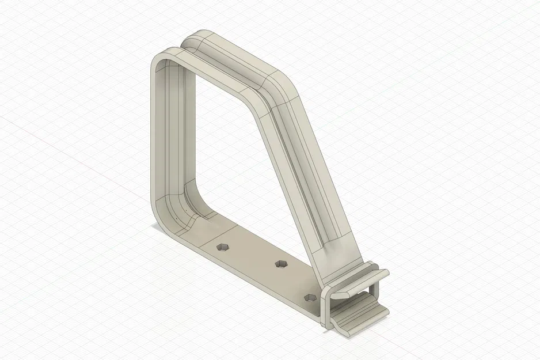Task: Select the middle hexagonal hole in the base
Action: click(x=281, y=264)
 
